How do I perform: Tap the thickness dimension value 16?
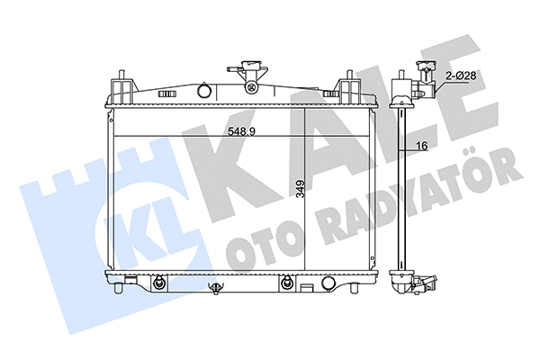(420, 145)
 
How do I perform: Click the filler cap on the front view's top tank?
(248, 73)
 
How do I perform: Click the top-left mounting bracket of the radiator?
(119, 86)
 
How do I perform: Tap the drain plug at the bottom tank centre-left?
(217, 288)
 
